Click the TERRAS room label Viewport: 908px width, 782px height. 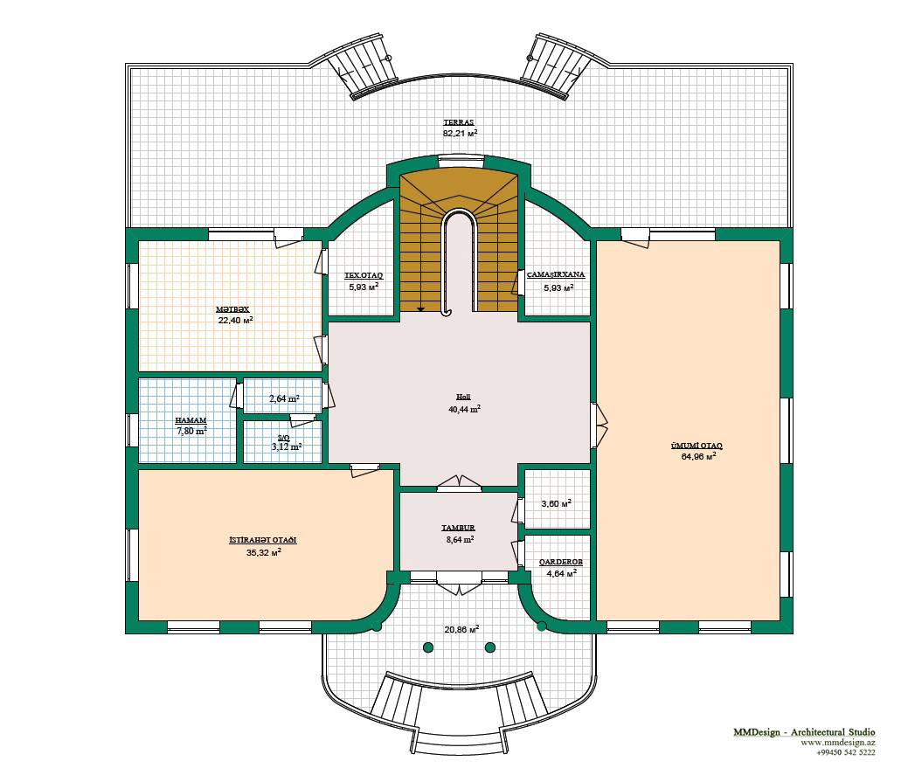459,122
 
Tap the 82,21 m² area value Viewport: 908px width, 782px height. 460,133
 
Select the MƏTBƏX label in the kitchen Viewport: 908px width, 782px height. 232,309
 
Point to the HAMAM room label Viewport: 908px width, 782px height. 191,420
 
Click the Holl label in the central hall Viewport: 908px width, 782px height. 463,397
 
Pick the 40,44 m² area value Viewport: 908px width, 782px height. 464,409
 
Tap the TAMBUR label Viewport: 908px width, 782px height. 459,528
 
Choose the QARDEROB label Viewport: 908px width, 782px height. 560,562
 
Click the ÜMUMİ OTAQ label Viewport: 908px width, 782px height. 697,446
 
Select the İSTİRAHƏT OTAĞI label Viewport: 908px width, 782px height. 263,540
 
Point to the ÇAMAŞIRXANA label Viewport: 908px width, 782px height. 556,275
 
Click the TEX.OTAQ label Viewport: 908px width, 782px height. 364,275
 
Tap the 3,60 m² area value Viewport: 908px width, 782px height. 557,503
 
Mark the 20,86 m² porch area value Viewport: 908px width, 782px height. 461,629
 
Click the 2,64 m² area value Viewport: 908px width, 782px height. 284,398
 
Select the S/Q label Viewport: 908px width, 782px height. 284,438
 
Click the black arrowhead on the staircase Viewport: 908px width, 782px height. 421,309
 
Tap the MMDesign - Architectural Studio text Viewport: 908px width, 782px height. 804,732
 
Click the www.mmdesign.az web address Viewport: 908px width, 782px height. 838,743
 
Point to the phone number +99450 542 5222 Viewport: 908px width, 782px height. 846,752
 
